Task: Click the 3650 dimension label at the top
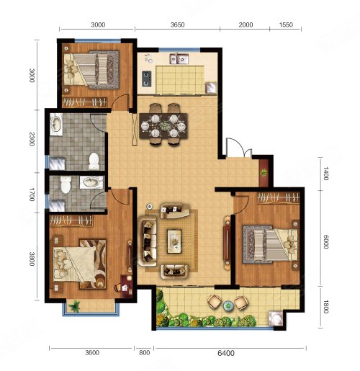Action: pos(177,24)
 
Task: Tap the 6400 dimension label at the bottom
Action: pos(226,353)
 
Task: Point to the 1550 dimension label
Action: pos(286,24)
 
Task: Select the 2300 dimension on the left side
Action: pos(32,139)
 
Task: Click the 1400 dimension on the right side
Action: pos(325,174)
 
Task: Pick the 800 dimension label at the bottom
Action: pos(144,353)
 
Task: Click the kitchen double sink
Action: pos(179,59)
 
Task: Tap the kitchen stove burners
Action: pos(146,79)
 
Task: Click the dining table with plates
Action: pos(163,126)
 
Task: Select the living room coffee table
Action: pos(174,241)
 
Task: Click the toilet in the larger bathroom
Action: pos(94,161)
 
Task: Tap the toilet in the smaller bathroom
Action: pos(66,184)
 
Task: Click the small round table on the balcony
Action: pos(228,305)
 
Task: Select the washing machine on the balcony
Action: pos(276,318)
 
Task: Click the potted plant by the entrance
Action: pos(264,172)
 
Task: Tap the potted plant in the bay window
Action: pos(75,306)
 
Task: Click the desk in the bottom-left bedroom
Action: pos(126,286)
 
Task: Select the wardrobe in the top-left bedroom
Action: pos(84,102)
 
